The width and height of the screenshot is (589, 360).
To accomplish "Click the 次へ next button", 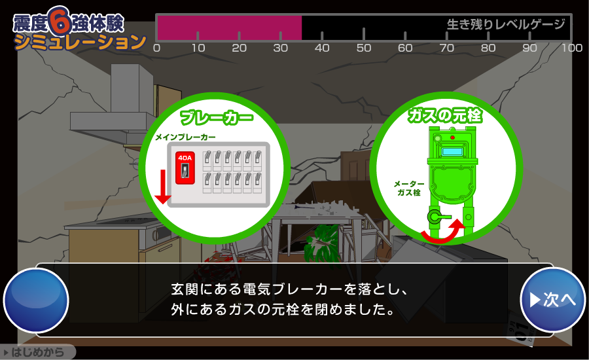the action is coord(552,300).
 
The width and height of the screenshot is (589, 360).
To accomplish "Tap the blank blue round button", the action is coord(36,300).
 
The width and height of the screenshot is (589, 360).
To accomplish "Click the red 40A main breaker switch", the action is coord(185,168).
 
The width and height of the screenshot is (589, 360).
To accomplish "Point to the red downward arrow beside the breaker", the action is coord(163,187).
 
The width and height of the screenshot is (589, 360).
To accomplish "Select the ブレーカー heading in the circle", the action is coord(217,118).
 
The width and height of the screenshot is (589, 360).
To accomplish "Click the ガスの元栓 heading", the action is coord(445,115).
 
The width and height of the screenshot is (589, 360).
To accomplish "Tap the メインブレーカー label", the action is coord(186,137).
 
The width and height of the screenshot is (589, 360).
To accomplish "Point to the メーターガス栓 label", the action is coord(409,189).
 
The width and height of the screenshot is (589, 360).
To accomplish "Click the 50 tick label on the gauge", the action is coord(364,48).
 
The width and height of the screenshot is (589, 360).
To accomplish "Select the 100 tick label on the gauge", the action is coord(572,48).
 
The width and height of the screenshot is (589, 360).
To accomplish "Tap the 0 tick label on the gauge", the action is coord(156,48).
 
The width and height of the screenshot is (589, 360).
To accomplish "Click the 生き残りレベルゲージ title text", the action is coord(506,24).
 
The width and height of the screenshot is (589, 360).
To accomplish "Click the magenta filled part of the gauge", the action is coord(230,27).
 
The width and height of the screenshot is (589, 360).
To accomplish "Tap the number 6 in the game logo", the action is coord(60,21).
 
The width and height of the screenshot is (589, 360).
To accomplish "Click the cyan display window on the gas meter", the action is coord(452,152).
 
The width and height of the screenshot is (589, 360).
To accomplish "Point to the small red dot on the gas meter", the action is coord(452,137).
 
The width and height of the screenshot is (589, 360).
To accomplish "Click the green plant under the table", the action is coord(321,245).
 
